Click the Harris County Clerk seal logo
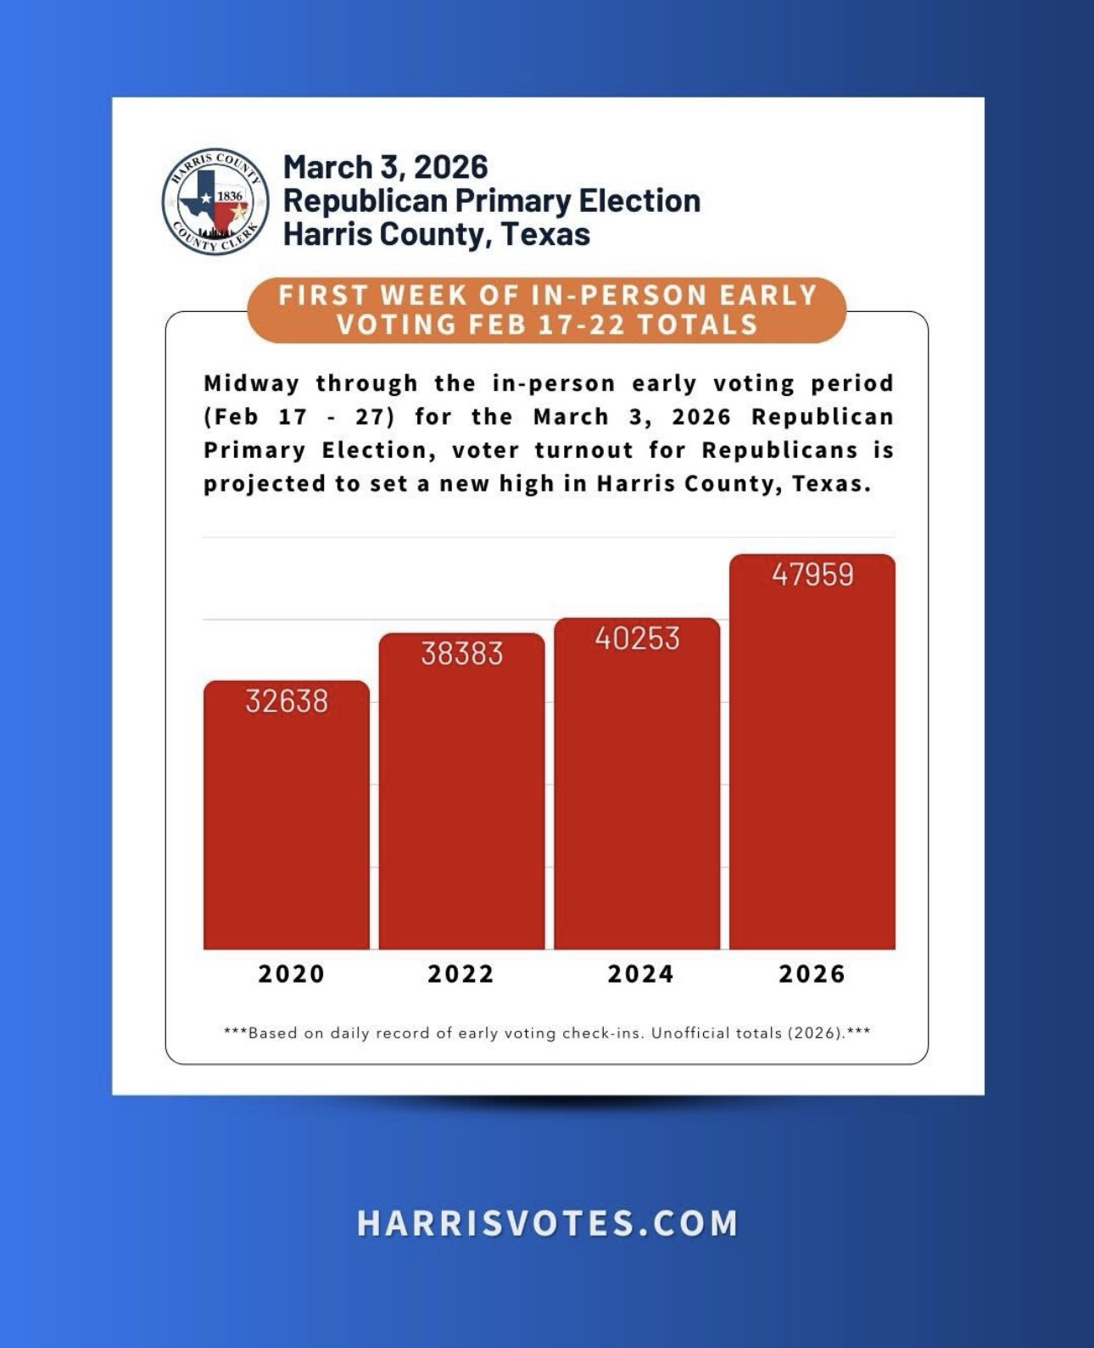pos(215,201)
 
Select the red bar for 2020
pos(287,831)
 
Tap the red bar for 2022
pos(461,805)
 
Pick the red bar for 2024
pos(637,797)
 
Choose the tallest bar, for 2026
pos(812,763)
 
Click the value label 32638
pos(287,701)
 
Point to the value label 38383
pos(462,654)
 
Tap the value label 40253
pos(638,638)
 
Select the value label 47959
pos(812,575)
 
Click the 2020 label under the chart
pos(292,973)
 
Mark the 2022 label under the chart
pos(460,973)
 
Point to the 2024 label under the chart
pos(640,973)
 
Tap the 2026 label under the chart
pos(812,973)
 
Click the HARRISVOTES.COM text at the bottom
pos(547,1223)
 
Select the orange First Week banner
pos(547,309)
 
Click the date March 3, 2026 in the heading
pos(386,167)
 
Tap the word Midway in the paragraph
pos(251,383)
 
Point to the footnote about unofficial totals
pos(547,1033)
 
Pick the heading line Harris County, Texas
pos(437,234)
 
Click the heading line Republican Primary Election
pos(492,201)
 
